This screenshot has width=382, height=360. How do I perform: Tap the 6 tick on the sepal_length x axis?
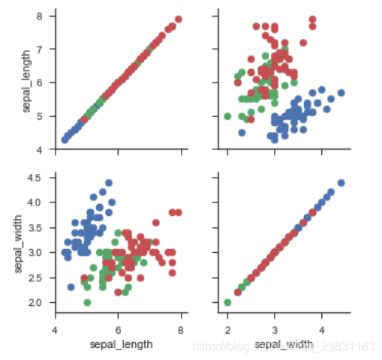point(118,329)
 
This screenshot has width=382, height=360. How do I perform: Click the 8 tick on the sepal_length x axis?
point(181,329)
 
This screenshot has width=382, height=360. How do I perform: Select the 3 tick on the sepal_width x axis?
point(275,329)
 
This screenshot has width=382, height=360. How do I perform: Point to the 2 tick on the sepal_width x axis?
point(227,329)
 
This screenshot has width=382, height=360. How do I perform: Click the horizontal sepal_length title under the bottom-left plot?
point(121,344)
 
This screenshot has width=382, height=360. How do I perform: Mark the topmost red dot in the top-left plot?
point(178,19)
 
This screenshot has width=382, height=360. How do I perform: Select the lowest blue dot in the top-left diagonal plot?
point(65,140)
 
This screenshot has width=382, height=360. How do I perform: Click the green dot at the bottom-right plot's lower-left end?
point(227,302)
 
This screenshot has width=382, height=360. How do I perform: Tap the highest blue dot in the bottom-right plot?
point(341,183)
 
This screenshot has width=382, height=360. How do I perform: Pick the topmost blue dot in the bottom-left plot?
point(109,183)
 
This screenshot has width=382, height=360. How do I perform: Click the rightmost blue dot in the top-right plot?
point(341,93)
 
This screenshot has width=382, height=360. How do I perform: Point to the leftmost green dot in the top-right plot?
point(227,116)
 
